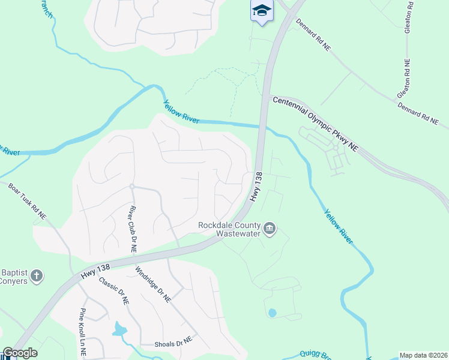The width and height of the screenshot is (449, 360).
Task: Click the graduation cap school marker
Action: pyautogui.click(x=262, y=11)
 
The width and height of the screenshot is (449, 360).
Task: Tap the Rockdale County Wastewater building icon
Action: pyautogui.click(x=270, y=229)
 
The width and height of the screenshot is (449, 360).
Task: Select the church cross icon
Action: pyautogui.click(x=37, y=276)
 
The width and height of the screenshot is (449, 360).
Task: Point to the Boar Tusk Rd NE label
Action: pyautogui.click(x=26, y=201)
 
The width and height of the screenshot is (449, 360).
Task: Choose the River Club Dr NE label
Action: pyautogui.click(x=132, y=229)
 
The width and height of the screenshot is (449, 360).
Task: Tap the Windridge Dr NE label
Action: pyautogui.click(x=154, y=284)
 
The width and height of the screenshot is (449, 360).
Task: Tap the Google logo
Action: pyautogui.click(x=20, y=353)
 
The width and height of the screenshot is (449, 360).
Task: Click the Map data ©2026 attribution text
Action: pyautogui.click(x=423, y=355)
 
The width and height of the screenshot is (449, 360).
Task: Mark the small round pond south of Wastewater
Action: pyautogui.click(x=273, y=313)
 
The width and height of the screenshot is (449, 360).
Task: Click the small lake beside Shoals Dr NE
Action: pyautogui.click(x=119, y=329)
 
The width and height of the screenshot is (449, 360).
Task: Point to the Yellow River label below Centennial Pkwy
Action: pyautogui.click(x=338, y=226)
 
